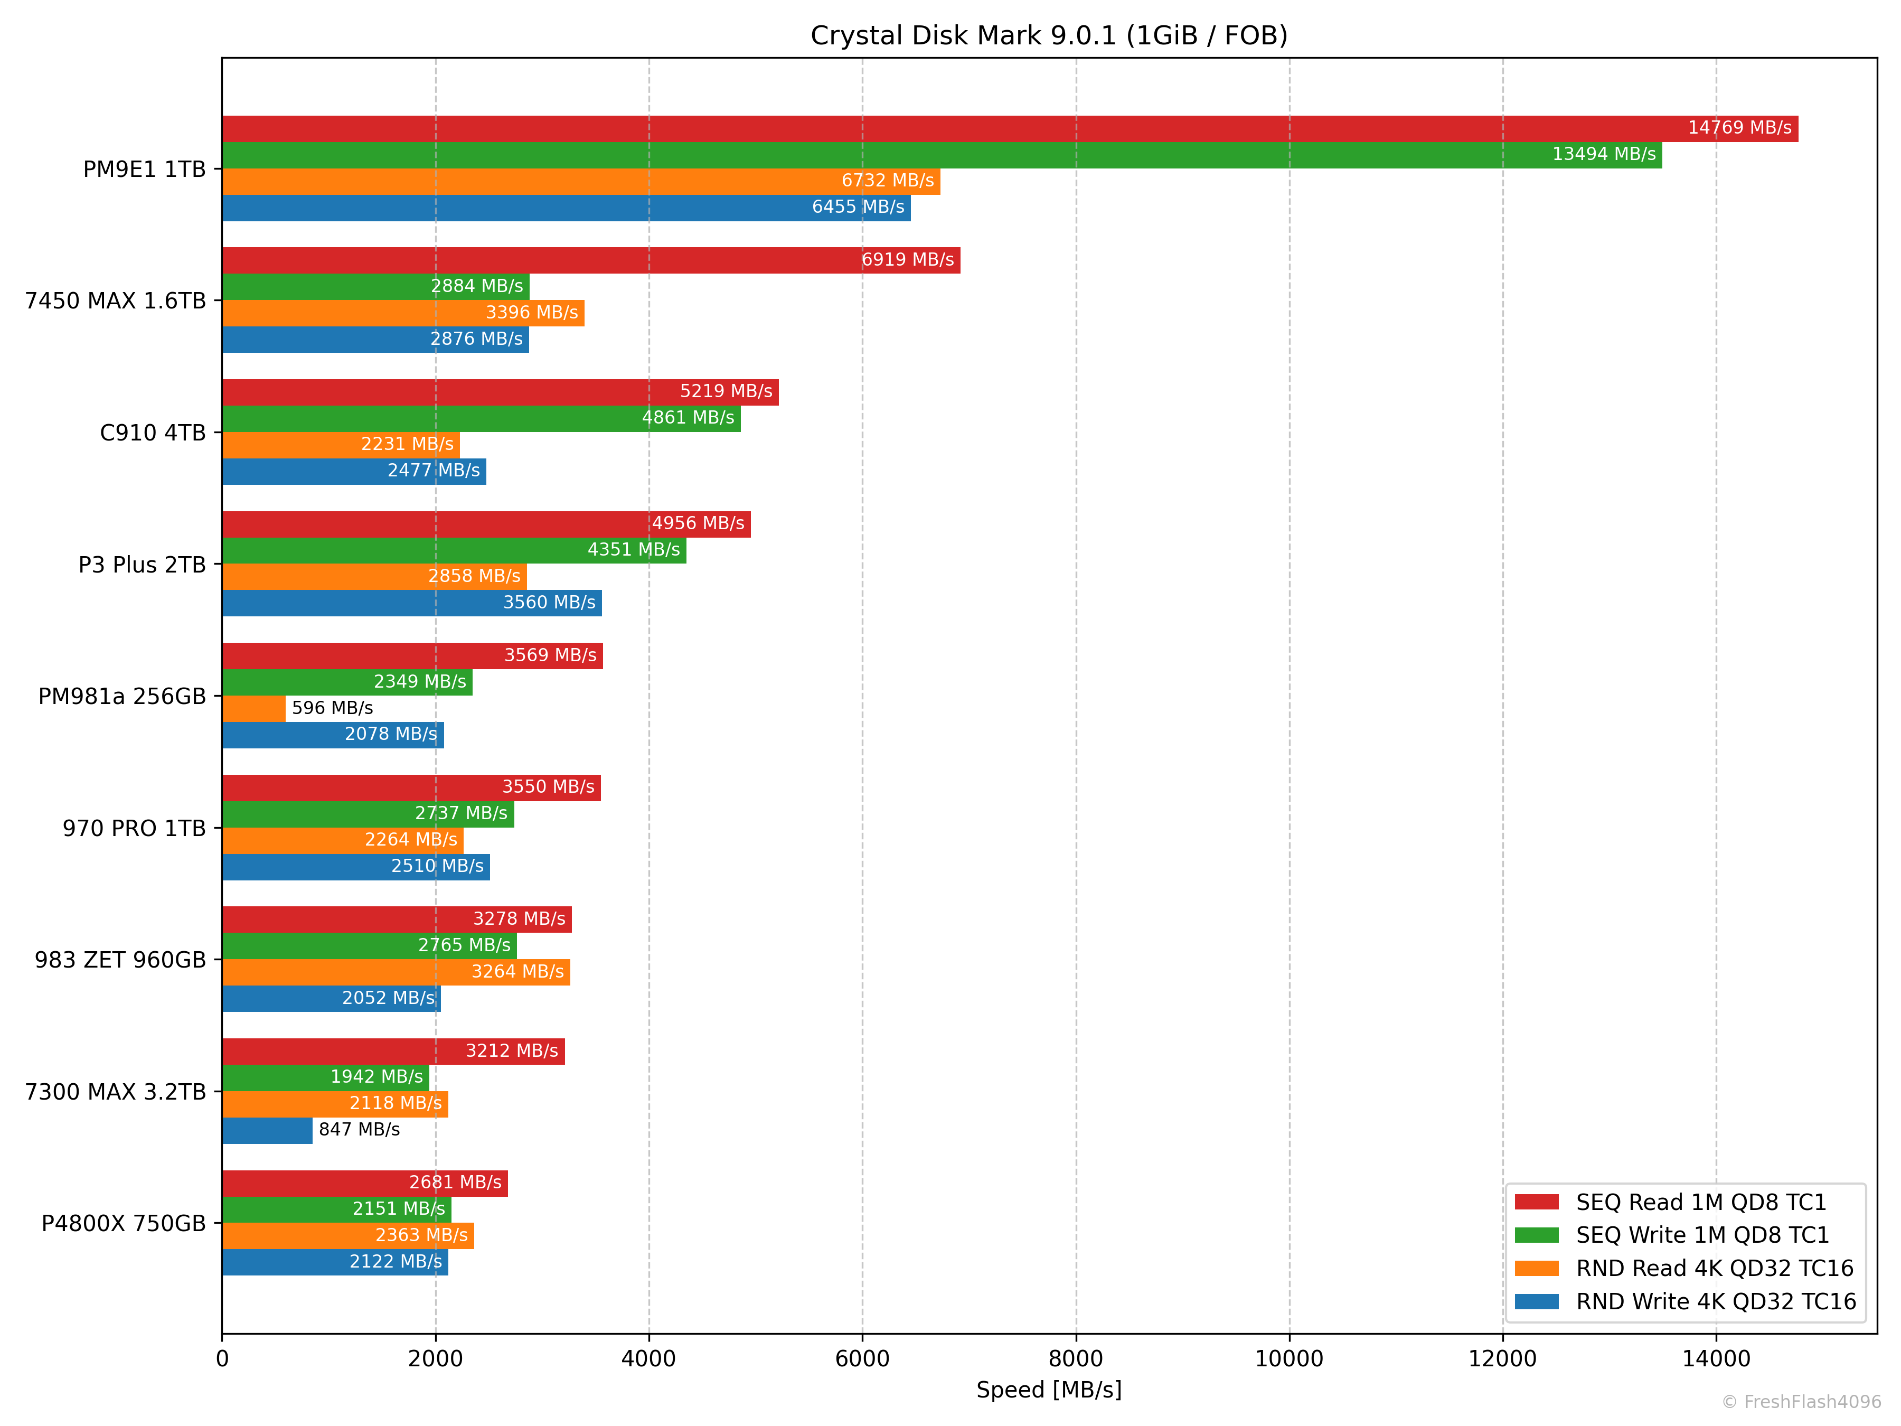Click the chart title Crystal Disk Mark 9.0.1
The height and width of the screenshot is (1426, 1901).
click(x=1049, y=35)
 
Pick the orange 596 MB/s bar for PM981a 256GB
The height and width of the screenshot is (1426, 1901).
click(x=253, y=708)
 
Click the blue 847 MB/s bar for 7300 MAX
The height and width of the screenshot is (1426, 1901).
click(x=267, y=1130)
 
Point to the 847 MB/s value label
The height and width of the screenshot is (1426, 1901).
click(x=359, y=1130)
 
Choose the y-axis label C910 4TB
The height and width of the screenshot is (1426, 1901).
click(x=153, y=433)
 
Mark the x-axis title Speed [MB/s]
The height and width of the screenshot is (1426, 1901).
click(x=1049, y=1390)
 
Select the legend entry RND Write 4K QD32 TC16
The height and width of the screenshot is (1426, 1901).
click(x=1715, y=1301)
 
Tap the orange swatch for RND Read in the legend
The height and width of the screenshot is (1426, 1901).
click(x=1537, y=1269)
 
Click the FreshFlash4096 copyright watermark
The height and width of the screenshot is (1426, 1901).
click(x=1801, y=1402)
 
